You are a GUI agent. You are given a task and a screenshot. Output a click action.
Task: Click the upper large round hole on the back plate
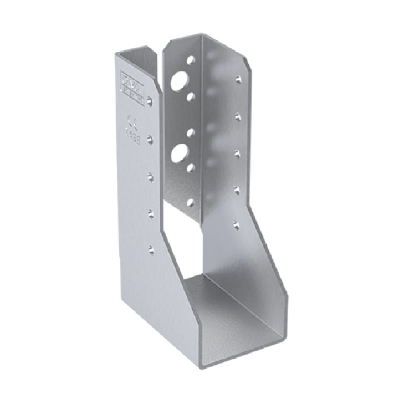click(x=179, y=82)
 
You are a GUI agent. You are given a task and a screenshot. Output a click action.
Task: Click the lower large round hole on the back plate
click(x=178, y=153)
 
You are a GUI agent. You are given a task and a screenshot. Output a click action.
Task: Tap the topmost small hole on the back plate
click(x=191, y=59)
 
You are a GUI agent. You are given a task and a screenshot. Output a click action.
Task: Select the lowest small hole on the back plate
click(x=190, y=202)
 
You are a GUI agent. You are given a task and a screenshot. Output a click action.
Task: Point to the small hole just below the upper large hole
click(x=191, y=97)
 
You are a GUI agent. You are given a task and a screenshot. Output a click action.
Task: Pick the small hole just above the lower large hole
click(x=190, y=133)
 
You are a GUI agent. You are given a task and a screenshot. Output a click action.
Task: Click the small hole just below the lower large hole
click(x=190, y=167)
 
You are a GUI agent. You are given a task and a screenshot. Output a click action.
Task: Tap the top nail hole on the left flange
click(x=149, y=100)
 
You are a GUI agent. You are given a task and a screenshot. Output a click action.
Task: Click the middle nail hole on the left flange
click(x=150, y=177)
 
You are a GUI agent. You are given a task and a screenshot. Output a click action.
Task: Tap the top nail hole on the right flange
click(x=237, y=79)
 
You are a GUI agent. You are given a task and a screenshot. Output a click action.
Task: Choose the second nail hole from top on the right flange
click(x=237, y=116)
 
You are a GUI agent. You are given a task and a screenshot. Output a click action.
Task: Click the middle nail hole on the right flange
click(x=237, y=154)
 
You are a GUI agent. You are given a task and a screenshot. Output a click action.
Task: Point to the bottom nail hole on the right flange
click(x=237, y=224)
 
